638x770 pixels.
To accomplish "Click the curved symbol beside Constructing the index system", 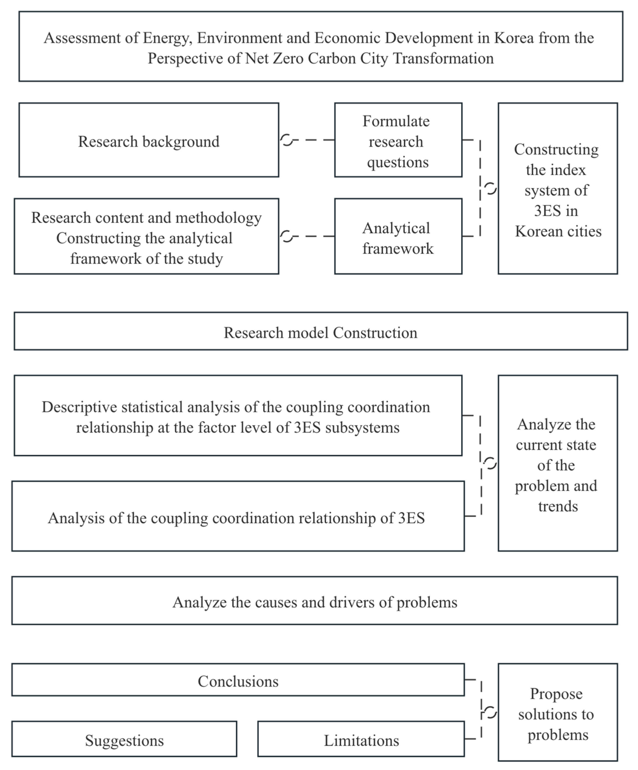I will click(490, 189).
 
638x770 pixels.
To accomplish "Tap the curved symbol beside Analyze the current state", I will click(490, 463).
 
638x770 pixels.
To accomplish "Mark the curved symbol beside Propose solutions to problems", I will click(490, 712).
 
